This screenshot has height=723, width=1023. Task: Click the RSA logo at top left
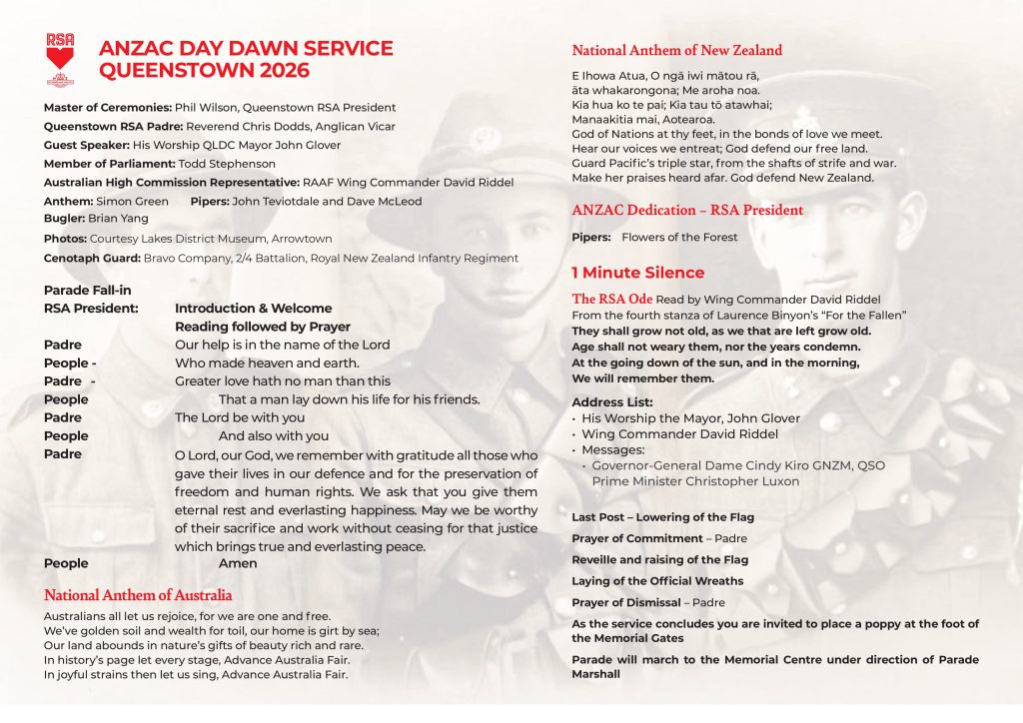61,58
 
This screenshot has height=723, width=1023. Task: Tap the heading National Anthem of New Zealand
676,50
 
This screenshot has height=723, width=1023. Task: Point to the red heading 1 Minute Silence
637,273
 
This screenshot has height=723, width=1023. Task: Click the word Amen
238,563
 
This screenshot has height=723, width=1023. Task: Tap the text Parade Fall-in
88,290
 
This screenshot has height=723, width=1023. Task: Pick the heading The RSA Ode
612,299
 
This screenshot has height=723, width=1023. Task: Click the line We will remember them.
642,378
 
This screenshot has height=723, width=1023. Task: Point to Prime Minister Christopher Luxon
695,481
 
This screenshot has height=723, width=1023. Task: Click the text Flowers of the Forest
679,238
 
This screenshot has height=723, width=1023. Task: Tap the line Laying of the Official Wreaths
657,581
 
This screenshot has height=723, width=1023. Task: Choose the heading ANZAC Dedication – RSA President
687,211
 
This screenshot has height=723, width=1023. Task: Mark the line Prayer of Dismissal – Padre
647,602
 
